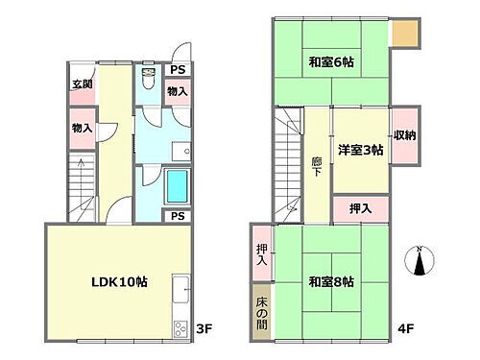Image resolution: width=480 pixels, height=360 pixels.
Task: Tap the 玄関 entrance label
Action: click(x=82, y=84)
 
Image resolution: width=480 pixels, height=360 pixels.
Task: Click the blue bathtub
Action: click(x=179, y=186)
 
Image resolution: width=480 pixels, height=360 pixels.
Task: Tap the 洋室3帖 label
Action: click(x=360, y=151)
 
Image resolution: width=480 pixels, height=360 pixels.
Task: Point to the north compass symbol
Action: click(x=420, y=261)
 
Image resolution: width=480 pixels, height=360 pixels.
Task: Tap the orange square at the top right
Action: click(x=405, y=35)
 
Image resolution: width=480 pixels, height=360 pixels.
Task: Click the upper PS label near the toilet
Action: click(x=177, y=69)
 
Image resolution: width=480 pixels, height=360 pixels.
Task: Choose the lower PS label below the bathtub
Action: click(x=177, y=216)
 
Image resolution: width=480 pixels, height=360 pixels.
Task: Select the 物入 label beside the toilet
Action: click(x=177, y=92)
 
